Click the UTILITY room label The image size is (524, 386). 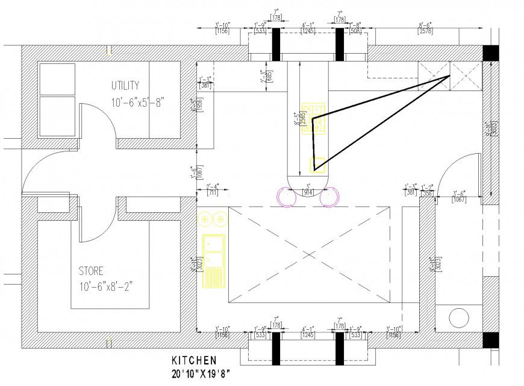125,84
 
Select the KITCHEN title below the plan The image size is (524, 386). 194,361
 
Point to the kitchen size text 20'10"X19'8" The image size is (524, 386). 200,374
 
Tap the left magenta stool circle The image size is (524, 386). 285,197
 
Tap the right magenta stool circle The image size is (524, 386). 330,197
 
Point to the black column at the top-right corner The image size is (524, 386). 490,53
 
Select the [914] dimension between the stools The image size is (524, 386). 308,192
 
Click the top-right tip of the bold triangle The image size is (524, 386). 451,77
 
